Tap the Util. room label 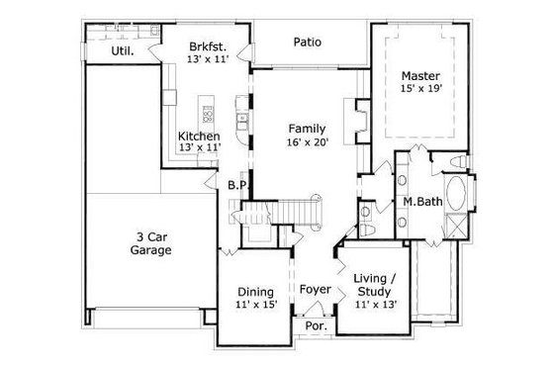tap(122, 49)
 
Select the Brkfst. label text tap(209, 46)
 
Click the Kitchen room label tap(198, 136)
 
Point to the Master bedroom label tap(419, 75)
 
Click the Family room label tap(307, 129)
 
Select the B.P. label tap(236, 185)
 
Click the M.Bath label tap(421, 203)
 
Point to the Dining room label tap(256, 291)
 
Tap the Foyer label tap(315, 289)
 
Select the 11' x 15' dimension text tap(256, 306)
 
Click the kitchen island tap(207, 111)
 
